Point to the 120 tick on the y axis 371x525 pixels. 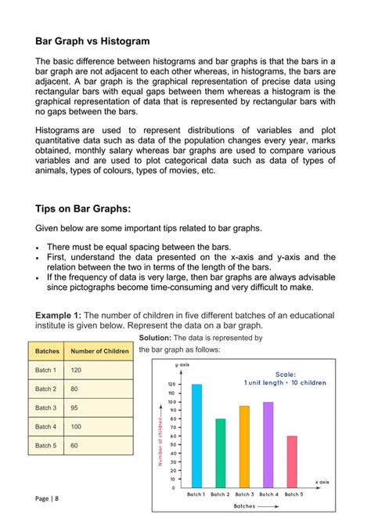pos(171,385)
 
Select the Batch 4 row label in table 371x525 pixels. pos(45,426)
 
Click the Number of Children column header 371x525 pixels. pos(99,351)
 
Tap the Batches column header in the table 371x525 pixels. pos(45,351)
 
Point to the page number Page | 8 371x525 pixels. pos(46,498)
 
